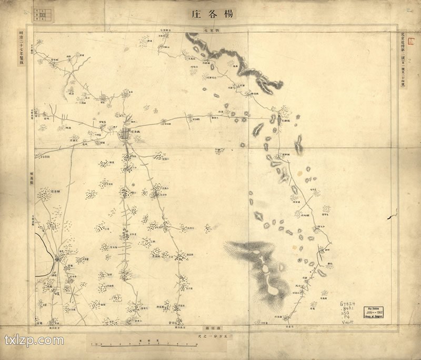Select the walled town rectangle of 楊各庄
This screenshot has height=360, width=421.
pyautogui.click(x=125, y=134)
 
